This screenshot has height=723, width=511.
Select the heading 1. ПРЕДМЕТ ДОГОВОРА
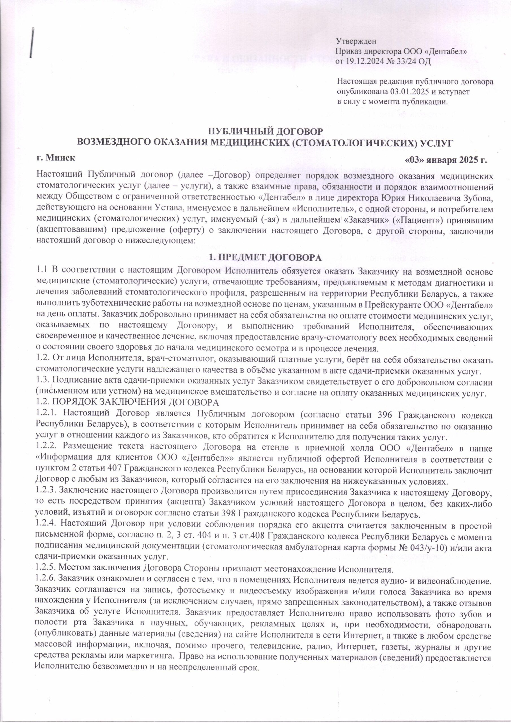tap(265, 257)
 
